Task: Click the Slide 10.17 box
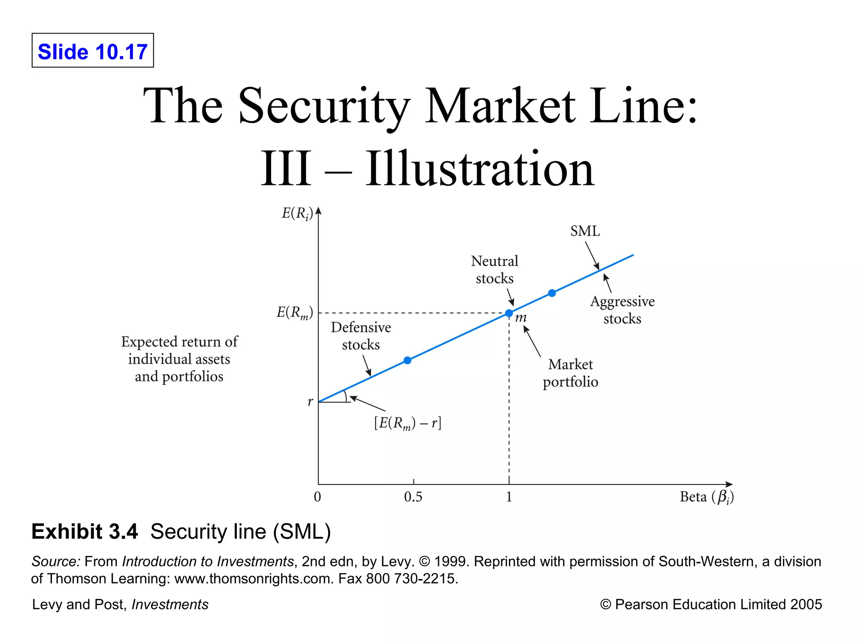92,51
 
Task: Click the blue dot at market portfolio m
509,313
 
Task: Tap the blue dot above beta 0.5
408,360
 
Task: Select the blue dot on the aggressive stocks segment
552,293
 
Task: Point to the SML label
585,231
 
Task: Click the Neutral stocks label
495,270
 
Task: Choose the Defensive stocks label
361,336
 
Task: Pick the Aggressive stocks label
622,310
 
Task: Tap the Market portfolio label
570,373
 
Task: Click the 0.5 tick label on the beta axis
413,497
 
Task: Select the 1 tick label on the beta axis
509,497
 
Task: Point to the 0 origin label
318,497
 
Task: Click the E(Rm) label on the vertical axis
295,313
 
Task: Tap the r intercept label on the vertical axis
310,401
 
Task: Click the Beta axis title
706,497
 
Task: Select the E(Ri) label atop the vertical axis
297,214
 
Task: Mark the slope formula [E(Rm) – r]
408,423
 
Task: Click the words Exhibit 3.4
85,532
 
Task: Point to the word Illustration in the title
480,169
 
